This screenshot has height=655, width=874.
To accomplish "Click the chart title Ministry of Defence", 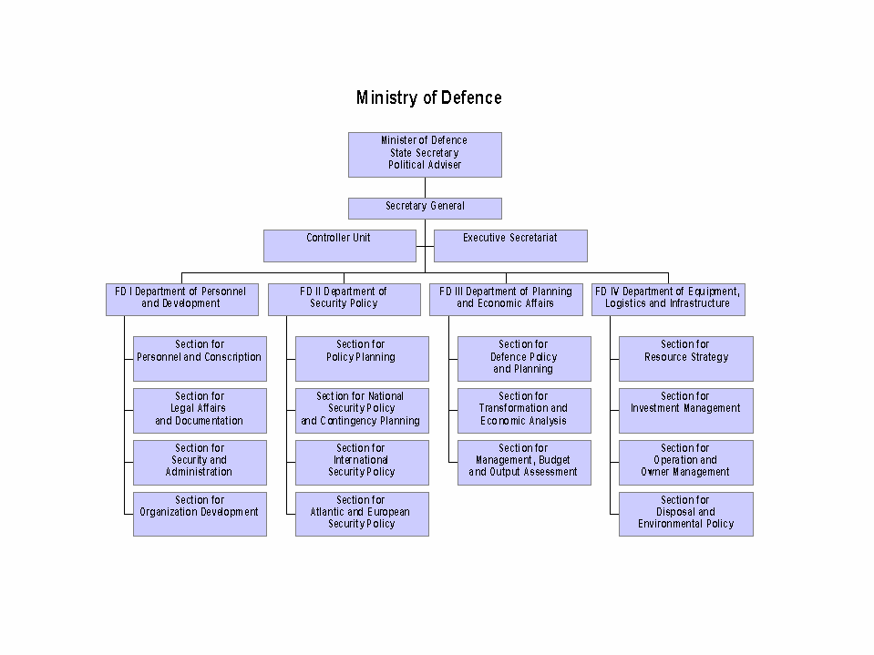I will (x=428, y=97).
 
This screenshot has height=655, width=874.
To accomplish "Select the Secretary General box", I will (x=425, y=208).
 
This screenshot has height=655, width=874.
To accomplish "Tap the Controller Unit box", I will (x=338, y=245).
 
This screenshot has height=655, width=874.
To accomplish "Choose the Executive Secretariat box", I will (x=510, y=245).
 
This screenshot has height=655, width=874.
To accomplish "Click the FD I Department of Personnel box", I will (x=181, y=299).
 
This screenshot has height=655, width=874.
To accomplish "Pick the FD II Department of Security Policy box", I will (x=344, y=299).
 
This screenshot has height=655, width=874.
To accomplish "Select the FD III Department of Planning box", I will (x=506, y=299).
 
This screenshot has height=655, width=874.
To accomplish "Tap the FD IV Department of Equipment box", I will (x=668, y=299).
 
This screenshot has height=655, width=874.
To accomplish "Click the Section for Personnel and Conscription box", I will (x=200, y=358).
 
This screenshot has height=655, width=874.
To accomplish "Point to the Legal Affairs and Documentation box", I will (x=200, y=410).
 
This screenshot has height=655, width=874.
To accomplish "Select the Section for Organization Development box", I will (x=200, y=514).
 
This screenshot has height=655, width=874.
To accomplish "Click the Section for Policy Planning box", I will (x=362, y=358).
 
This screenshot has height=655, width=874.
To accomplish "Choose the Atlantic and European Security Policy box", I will (x=362, y=514).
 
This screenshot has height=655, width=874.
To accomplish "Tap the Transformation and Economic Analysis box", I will (x=524, y=410).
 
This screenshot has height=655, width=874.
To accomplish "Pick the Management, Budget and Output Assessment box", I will (x=524, y=462).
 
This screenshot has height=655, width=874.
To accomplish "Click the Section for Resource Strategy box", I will (x=686, y=358).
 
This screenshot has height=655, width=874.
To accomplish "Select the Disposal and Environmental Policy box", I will (x=686, y=514).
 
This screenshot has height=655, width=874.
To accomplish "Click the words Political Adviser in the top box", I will (x=425, y=166).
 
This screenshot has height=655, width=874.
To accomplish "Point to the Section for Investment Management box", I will (x=686, y=410).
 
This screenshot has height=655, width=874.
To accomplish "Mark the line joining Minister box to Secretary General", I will (x=425, y=188).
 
